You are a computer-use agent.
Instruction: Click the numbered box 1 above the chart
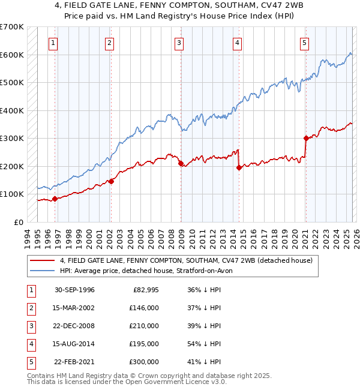(x=54, y=43)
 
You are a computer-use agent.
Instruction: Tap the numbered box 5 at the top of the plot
(x=305, y=43)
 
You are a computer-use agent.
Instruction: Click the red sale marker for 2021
(x=306, y=138)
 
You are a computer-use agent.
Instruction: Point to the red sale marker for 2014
(x=239, y=168)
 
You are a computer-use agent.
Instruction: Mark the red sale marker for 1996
(x=55, y=199)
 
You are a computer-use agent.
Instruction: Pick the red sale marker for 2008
(x=181, y=163)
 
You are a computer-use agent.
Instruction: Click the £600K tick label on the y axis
(x=12, y=55)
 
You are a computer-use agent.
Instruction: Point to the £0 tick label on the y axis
(x=18, y=222)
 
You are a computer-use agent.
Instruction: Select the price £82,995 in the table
(x=143, y=290)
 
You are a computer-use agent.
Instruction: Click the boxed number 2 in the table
(x=30, y=308)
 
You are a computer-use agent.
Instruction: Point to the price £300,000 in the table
(x=143, y=362)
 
